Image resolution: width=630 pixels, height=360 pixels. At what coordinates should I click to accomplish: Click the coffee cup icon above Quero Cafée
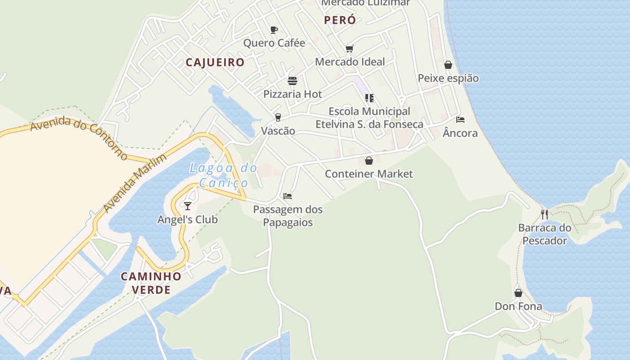pos(274,30)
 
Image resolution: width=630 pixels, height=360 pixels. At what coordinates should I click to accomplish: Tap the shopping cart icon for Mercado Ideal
pos(350,49)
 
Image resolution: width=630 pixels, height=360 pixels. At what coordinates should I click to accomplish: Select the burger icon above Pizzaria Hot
pos(292,81)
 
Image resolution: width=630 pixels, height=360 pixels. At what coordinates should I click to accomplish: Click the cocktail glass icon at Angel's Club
pos(188,206)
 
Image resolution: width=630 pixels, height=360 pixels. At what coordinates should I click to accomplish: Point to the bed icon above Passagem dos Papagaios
pos(288,196)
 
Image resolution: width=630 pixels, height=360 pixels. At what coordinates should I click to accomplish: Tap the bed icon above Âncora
pos(460,120)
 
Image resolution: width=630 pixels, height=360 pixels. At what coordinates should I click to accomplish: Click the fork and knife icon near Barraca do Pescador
pos(544,214)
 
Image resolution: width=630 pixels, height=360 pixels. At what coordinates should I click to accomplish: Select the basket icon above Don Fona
pos(518,293)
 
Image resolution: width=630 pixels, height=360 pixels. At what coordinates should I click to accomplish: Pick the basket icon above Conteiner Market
pos(369,161)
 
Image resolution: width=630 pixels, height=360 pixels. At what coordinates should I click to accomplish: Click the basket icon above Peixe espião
pos(448,65)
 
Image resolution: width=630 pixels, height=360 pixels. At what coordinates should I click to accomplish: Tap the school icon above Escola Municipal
pos(369,98)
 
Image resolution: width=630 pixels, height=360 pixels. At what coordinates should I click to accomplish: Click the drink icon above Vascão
pos(278,117)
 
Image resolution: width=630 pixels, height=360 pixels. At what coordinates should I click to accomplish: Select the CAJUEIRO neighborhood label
pos(215,63)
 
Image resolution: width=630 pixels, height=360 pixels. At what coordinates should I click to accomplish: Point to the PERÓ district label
pos(340,20)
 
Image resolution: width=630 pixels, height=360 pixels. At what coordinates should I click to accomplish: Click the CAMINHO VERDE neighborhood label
pos(151,283)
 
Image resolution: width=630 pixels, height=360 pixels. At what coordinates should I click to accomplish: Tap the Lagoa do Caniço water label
pos(224,175)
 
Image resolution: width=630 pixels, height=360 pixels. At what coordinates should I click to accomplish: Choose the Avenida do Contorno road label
pos(79,137)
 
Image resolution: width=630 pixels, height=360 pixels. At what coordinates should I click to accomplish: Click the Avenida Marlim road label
pos(135,183)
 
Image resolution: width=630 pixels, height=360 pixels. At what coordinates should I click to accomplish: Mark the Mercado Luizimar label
pos(365,3)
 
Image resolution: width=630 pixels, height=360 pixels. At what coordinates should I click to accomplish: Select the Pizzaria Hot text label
pos(292,94)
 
